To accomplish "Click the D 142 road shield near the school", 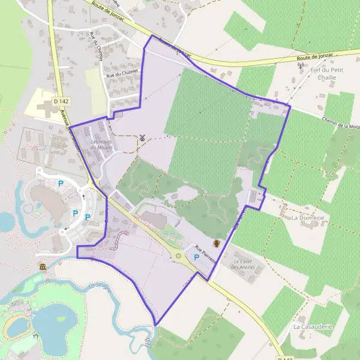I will (x=58, y=102).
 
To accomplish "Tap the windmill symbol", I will (x=142, y=137).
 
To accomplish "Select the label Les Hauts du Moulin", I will (x=101, y=145).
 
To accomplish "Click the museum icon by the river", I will (x=43, y=266).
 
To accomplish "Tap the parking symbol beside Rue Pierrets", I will (x=196, y=257).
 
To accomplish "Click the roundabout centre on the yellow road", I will (x=178, y=257).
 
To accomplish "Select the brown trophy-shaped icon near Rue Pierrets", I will (x=217, y=244).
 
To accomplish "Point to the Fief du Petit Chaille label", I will (x=327, y=74).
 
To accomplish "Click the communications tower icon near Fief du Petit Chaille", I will (x=301, y=65).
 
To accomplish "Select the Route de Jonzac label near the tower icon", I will (x=315, y=58).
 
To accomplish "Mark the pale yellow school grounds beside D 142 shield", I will (x=36, y=103).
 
